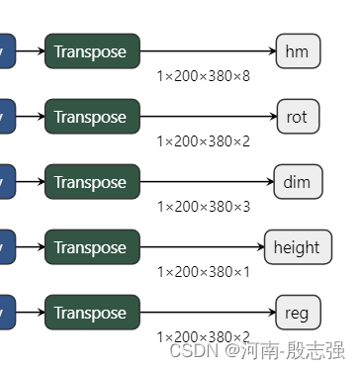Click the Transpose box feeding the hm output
[x=92, y=51]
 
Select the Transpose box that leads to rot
[x=92, y=117]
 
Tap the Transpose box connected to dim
[x=92, y=182]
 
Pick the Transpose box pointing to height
[x=92, y=247]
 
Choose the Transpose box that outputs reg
[x=92, y=313]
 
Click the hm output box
[x=298, y=51]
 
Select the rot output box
[x=298, y=117]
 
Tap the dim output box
[x=297, y=182]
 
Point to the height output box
[x=297, y=247]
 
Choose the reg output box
[x=298, y=313]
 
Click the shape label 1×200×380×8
[x=204, y=75]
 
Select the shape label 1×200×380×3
[x=204, y=206]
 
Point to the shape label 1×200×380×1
[x=204, y=271]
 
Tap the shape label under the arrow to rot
[x=204, y=140]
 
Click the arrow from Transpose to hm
[x=208, y=51]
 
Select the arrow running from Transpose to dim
[x=207, y=182]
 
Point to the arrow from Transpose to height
[x=202, y=247]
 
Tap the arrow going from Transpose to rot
[x=208, y=117]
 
